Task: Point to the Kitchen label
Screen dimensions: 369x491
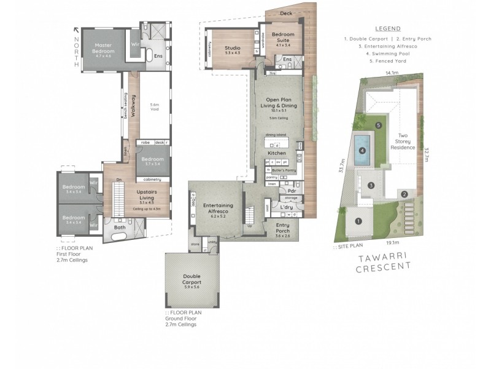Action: pyautogui.click(x=277, y=152)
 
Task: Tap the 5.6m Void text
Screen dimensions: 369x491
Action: pyautogui.click(x=155, y=106)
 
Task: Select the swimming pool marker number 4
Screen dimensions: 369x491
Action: pyautogui.click(x=362, y=150)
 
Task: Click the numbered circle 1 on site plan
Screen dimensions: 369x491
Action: pyautogui.click(x=359, y=221)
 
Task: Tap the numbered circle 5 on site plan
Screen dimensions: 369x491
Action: pyautogui.click(x=379, y=125)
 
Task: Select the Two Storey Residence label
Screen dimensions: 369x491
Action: pyautogui.click(x=408, y=141)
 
